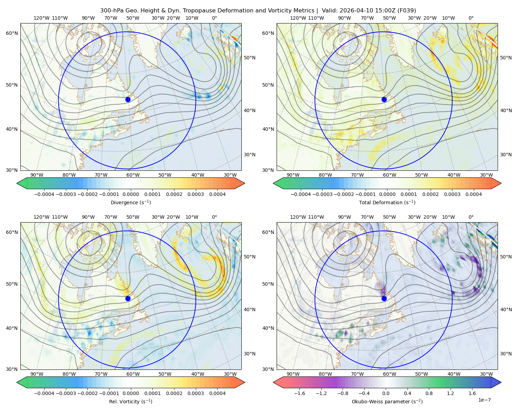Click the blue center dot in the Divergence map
(x=128, y=99)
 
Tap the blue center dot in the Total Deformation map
(x=384, y=99)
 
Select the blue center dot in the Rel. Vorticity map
(x=128, y=298)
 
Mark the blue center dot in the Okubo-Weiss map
(x=384, y=298)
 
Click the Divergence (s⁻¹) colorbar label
(x=131, y=202)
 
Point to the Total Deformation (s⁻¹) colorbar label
(x=387, y=202)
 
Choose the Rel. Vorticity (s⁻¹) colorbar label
(x=131, y=401)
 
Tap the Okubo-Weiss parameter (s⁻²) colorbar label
(x=387, y=401)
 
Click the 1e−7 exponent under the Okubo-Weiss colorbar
(x=484, y=400)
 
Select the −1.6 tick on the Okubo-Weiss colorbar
(x=300, y=393)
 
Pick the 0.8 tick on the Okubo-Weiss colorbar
(x=429, y=393)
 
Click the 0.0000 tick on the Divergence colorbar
(x=131, y=194)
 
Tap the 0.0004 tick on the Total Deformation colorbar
(x=473, y=194)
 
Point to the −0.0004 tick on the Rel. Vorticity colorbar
(x=44, y=393)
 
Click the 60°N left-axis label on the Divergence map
(x=12, y=33)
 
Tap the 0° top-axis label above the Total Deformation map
(x=471, y=18)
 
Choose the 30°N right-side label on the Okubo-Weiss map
(x=506, y=353)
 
